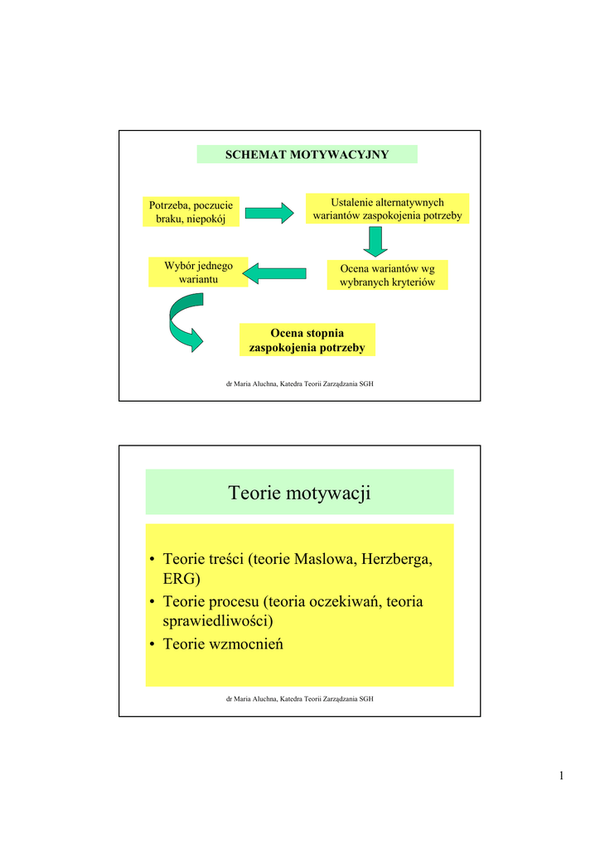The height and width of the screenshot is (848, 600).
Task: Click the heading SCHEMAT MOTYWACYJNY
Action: coord(307,155)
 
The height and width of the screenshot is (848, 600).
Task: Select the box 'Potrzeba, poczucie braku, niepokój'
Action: coord(191,212)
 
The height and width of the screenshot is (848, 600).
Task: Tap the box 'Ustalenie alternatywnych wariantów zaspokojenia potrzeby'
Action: coord(387,209)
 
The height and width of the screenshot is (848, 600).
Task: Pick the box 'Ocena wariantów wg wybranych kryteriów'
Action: coord(387,275)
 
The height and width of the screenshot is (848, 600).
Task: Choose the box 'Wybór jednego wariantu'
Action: coord(198,272)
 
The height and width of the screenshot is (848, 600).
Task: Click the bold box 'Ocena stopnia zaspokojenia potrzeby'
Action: coord(307,340)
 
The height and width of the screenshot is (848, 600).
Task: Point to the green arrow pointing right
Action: coord(269,212)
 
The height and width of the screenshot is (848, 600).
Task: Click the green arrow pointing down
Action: coord(376,240)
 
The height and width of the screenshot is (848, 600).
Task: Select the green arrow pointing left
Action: coord(278,273)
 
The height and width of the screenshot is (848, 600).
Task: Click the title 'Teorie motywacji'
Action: coord(299,494)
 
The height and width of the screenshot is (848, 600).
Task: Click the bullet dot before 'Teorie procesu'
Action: coord(152,602)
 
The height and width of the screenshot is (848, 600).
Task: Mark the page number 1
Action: coord(561,776)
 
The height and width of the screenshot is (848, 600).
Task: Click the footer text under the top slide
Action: coord(299,384)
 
